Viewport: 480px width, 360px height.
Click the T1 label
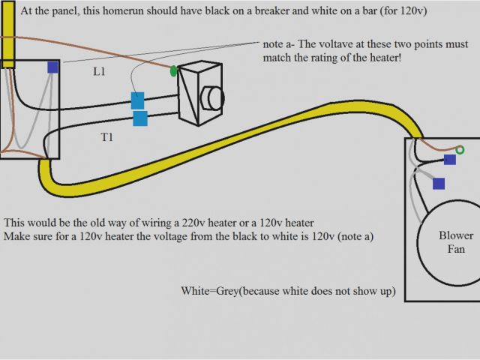[x=108, y=137]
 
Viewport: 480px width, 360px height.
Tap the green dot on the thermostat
[x=174, y=71]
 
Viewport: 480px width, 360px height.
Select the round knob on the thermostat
[x=214, y=98]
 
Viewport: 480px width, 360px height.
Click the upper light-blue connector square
[x=137, y=100]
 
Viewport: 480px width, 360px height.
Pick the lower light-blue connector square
[x=139, y=118]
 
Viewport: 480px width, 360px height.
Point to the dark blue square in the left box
[x=52, y=67]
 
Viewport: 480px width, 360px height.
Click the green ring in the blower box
[x=460, y=150]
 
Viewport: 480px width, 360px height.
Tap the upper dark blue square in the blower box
[x=449, y=160]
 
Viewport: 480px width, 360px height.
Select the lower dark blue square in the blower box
[x=439, y=182]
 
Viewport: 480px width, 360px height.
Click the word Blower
[x=456, y=235]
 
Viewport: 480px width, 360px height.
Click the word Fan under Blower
[x=457, y=249]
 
